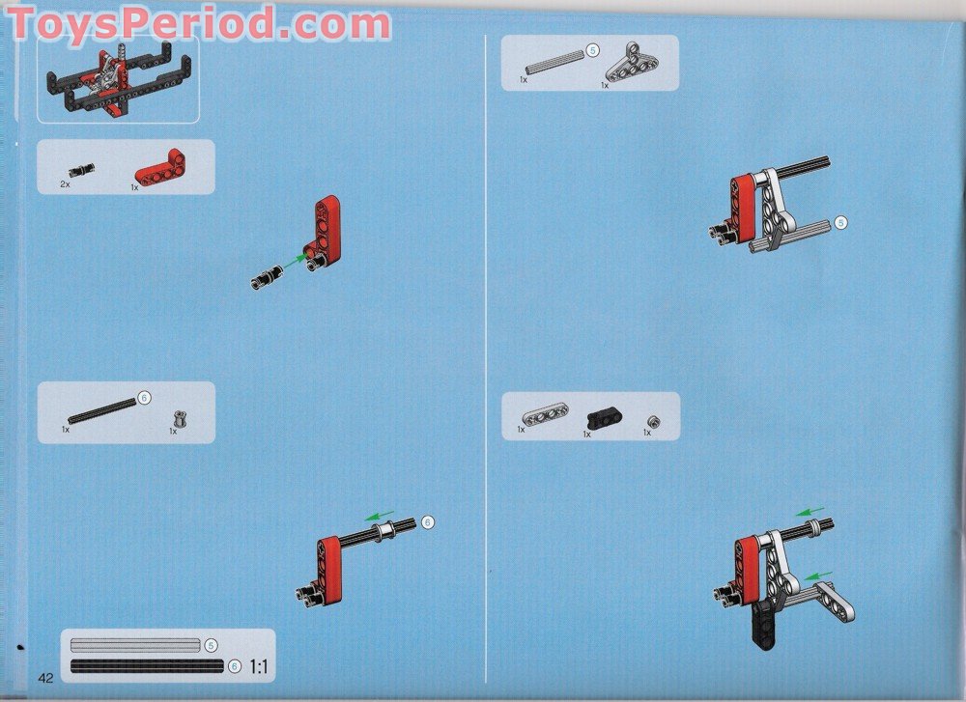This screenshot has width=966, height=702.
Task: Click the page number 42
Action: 45,678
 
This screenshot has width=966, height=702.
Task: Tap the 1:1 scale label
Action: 259,666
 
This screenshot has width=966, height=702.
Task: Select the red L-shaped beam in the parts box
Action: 160,169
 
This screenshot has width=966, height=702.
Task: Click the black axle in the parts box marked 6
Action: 101,410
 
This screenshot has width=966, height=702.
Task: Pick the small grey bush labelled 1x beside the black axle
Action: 180,419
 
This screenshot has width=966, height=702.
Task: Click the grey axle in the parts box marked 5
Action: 554,62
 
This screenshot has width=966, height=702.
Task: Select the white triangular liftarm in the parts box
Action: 632,63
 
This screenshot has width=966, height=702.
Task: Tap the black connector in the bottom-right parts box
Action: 604,419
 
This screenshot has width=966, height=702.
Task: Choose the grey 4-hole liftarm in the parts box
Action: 545,414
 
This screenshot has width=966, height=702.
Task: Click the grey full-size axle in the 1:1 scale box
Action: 135,645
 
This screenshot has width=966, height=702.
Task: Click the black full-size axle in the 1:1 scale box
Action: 147,665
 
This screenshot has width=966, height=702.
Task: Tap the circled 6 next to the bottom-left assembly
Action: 428,522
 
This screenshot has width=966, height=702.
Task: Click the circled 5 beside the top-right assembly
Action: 841,223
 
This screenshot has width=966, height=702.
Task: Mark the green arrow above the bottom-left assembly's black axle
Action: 380,515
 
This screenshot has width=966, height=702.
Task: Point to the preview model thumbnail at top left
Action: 118,79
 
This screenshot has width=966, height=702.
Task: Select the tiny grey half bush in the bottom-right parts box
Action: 654,422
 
